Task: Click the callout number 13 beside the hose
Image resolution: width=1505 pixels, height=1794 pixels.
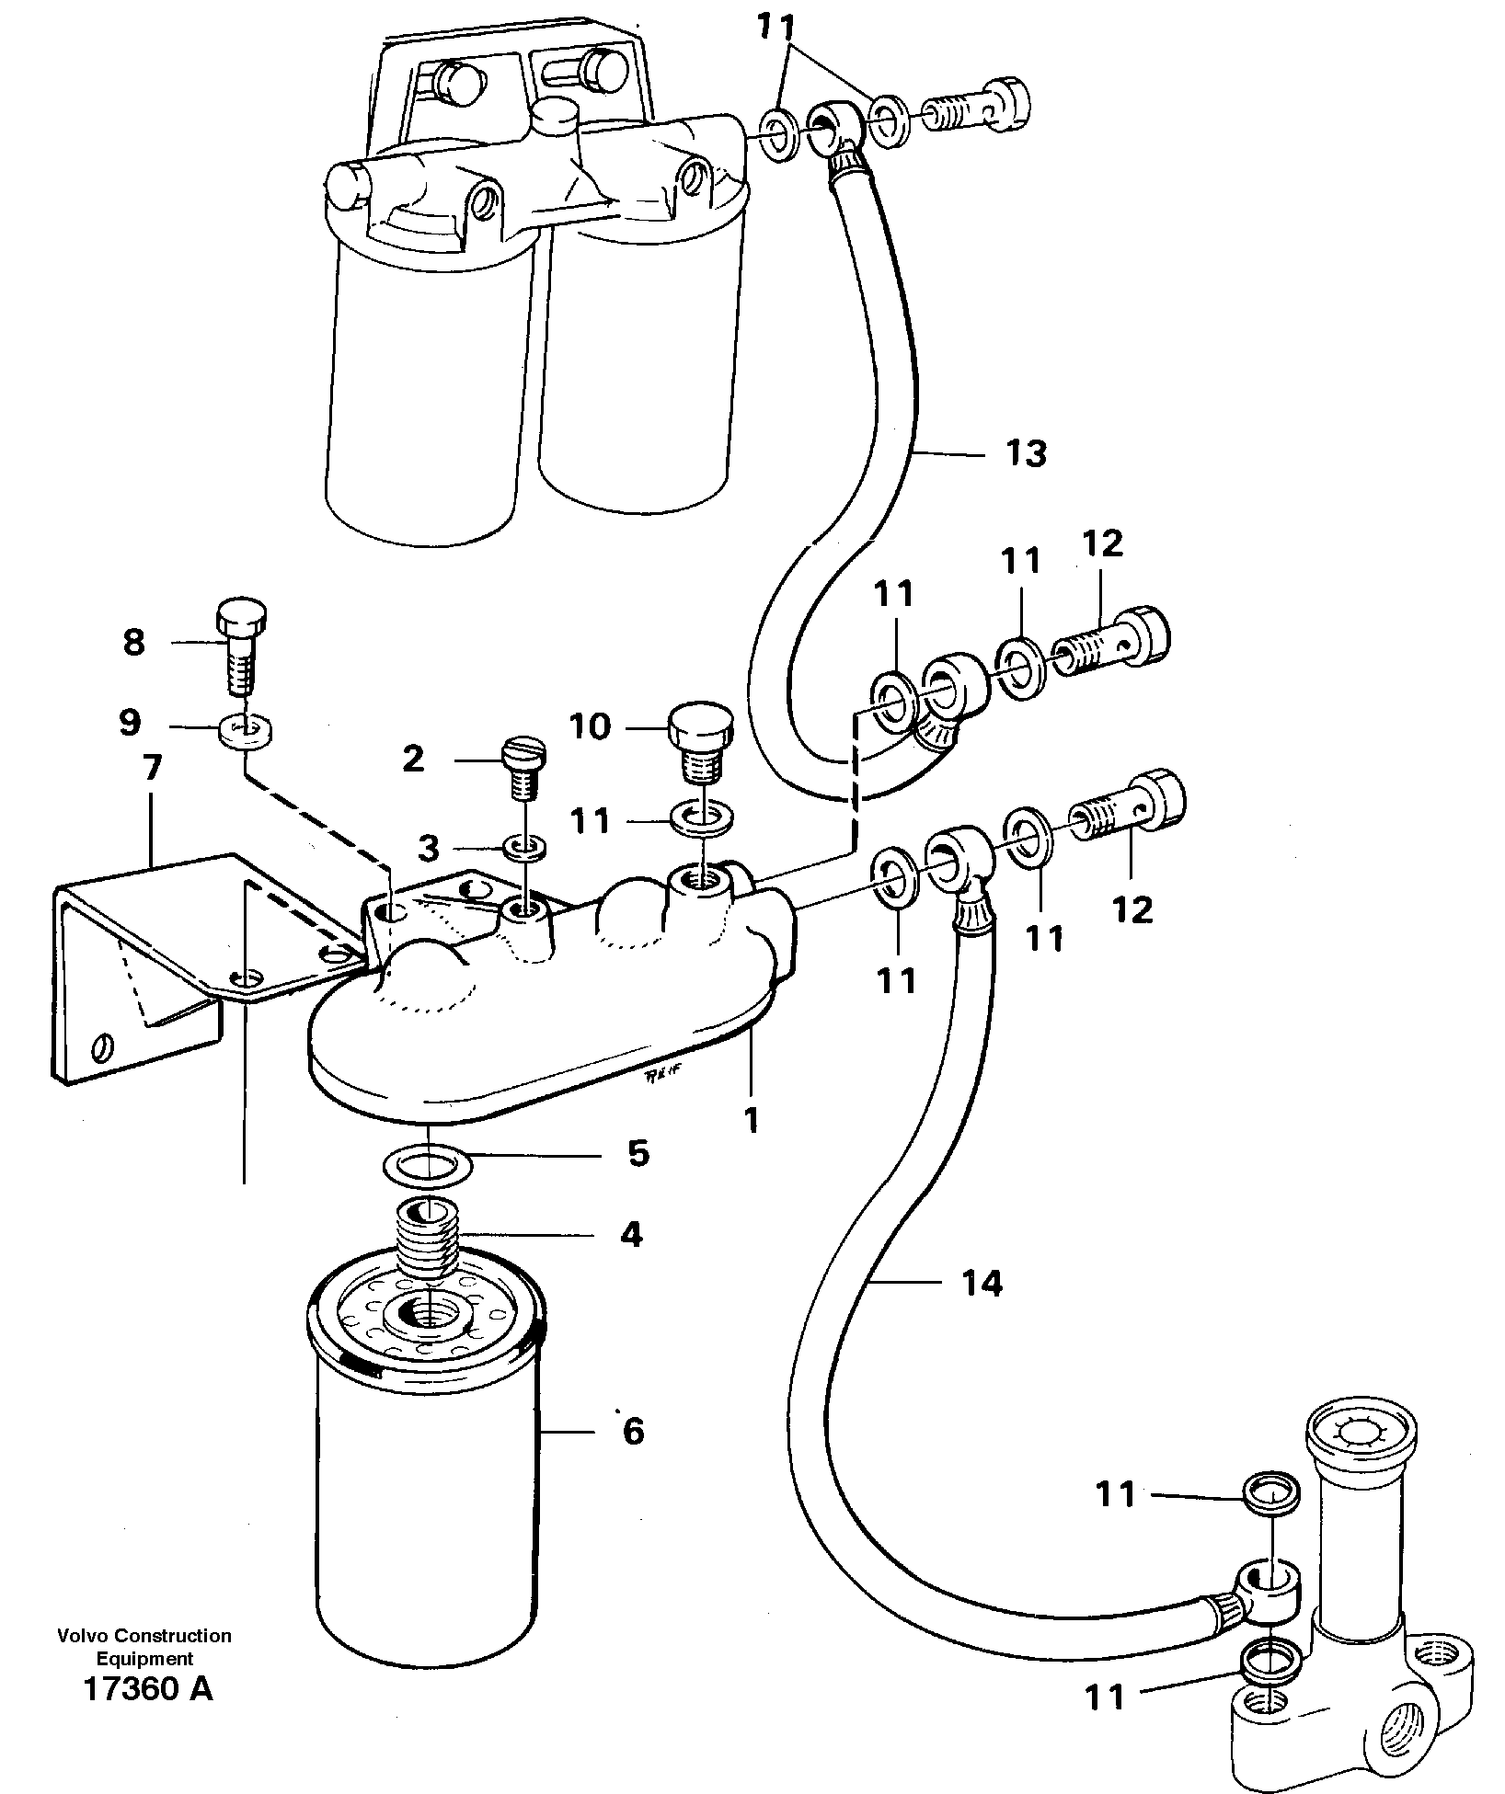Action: click(x=1026, y=453)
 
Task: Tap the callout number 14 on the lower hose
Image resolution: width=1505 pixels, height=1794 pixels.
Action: click(x=982, y=1282)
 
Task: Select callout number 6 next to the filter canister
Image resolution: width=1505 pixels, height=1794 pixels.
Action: click(x=633, y=1432)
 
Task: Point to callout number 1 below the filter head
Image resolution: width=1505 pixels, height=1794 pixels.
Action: click(x=752, y=1120)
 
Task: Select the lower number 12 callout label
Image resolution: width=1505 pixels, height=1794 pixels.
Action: click(x=1132, y=909)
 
